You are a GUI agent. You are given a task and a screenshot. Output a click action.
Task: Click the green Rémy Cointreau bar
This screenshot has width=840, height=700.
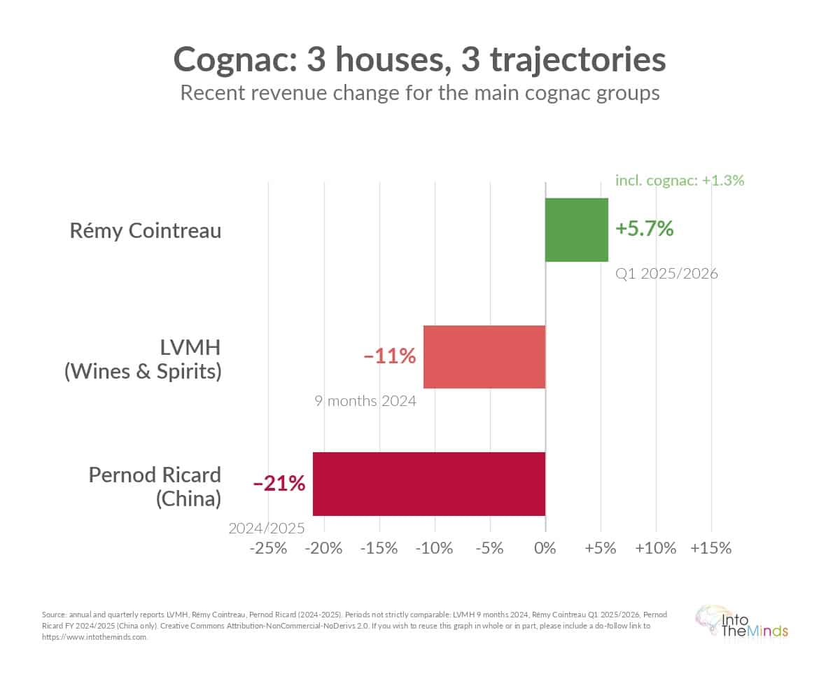(x=577, y=230)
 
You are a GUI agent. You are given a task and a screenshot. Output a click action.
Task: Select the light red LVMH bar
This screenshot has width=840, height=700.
(x=484, y=357)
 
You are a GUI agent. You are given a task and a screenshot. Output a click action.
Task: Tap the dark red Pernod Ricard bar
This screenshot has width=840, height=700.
(x=428, y=484)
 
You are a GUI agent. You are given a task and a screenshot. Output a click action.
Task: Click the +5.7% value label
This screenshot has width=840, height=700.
(x=644, y=228)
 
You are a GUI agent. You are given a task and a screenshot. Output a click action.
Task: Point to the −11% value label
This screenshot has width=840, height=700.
(x=390, y=356)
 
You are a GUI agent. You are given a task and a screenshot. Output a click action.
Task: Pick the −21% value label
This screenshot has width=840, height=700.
(x=279, y=483)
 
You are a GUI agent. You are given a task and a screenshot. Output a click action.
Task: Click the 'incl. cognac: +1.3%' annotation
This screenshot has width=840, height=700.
(x=679, y=180)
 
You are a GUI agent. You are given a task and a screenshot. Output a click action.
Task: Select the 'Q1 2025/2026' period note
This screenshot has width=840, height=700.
(x=666, y=274)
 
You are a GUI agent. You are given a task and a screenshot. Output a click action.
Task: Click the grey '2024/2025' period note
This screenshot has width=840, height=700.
(x=267, y=528)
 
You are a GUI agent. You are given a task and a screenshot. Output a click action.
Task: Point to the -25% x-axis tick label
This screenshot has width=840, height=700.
(x=269, y=548)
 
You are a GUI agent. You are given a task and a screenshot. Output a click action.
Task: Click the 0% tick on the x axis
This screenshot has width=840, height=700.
(x=545, y=548)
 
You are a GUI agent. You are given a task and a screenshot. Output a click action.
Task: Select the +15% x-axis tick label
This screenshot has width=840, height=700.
(x=710, y=548)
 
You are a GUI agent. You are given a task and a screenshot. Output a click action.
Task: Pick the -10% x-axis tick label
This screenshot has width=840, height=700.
(x=434, y=548)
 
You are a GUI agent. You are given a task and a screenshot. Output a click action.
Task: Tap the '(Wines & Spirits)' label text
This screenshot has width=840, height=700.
(x=143, y=370)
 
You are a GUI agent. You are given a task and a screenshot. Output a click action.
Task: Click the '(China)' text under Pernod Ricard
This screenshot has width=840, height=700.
(x=188, y=498)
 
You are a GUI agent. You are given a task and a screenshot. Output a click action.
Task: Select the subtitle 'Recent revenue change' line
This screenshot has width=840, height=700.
(x=420, y=93)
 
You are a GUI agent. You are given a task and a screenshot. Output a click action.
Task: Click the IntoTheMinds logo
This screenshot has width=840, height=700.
(x=741, y=622)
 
